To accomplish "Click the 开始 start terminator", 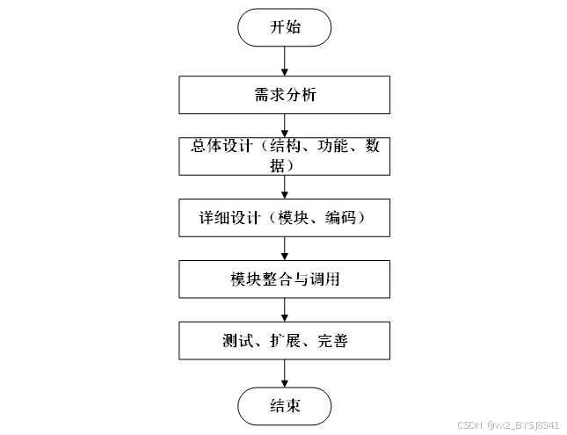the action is [284, 27].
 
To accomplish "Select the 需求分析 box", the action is [284, 95].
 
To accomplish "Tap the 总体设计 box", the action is [284, 155].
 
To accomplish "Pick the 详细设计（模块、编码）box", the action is [284, 217].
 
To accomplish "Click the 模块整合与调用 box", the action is [284, 279].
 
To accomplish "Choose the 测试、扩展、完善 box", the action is [284, 340].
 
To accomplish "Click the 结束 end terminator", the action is [284, 406].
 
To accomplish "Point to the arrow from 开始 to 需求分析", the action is [284, 61].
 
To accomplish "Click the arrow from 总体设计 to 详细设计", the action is [284, 186].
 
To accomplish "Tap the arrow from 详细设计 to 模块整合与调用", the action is [284, 248].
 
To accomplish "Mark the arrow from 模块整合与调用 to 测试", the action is [284, 310].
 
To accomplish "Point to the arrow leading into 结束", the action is [284, 373].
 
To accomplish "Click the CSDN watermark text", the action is [508, 425].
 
